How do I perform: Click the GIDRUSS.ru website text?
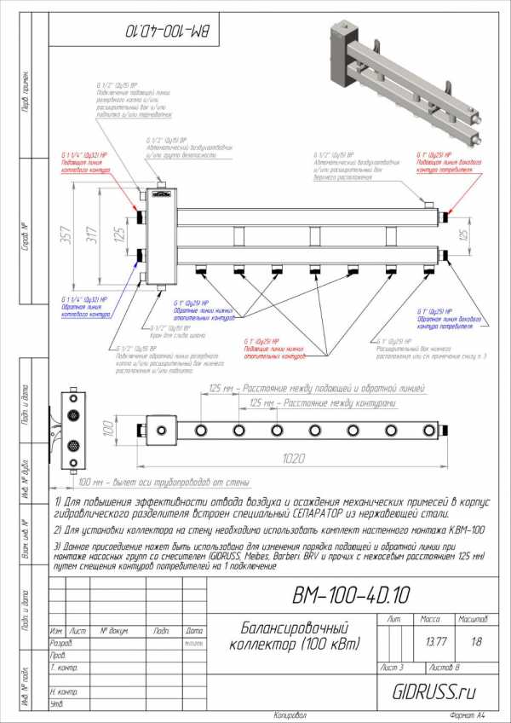(433, 691)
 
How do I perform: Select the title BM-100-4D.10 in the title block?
(351, 593)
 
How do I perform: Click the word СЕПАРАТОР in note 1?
(336, 514)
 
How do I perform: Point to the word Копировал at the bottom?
(290, 714)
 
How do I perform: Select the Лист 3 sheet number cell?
(394, 667)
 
